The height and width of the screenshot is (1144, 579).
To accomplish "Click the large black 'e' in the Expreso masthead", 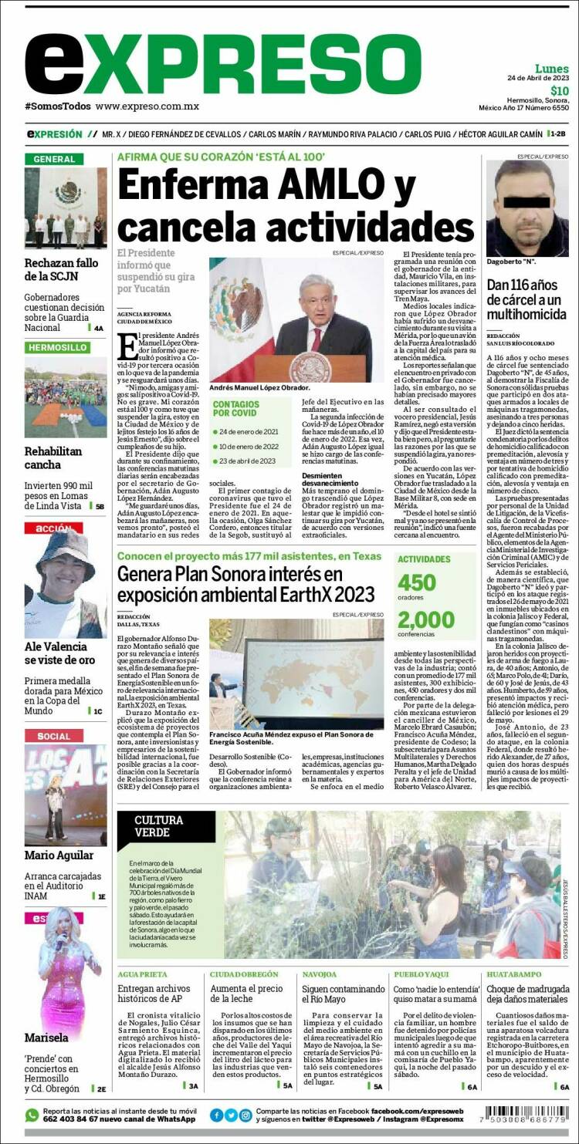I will (55, 65).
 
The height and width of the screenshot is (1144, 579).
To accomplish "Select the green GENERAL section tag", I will (54, 159).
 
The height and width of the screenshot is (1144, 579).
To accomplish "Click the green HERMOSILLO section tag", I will (58, 347).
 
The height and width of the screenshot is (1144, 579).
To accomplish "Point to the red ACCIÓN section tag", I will (53, 528).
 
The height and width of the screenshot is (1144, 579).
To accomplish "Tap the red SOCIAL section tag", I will (53, 736).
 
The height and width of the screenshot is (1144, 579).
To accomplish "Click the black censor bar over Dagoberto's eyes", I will (527, 204).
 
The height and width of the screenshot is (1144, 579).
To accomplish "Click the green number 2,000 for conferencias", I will (426, 619).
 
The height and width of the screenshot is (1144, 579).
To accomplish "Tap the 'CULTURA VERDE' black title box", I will (166, 826).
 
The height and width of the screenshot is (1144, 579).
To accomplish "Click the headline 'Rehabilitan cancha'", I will (53, 458).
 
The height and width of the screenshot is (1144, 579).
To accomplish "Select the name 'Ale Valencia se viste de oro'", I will (59, 653).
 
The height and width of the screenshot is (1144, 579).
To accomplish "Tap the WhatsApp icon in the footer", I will (32, 1115).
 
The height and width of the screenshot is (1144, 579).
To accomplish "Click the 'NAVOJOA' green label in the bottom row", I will (319, 974).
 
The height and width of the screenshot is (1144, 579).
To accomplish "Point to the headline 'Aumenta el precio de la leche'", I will (247, 994).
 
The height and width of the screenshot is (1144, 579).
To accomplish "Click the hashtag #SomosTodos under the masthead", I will (58, 106).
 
